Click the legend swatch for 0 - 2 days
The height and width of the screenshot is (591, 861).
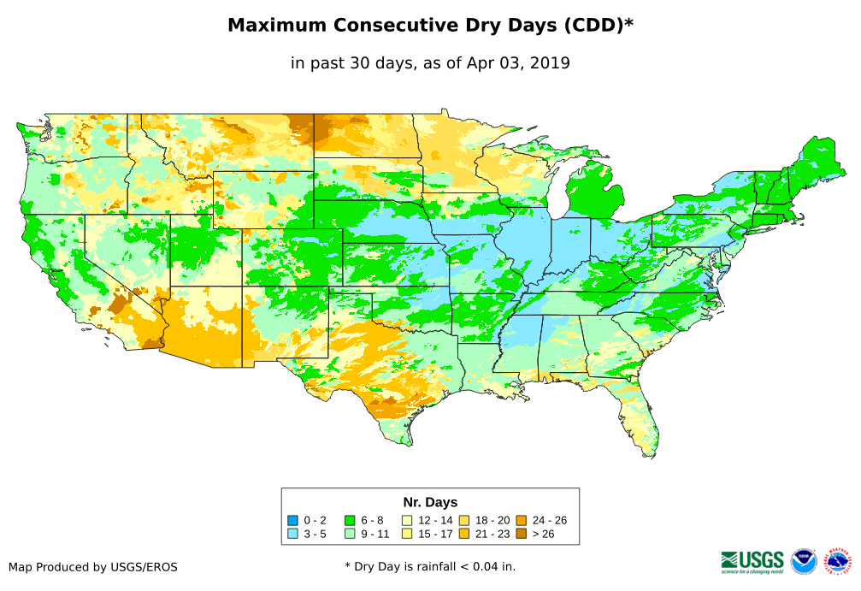[293, 520]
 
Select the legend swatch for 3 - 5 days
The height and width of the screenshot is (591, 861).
[293, 534]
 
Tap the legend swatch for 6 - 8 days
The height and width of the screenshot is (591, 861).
[350, 520]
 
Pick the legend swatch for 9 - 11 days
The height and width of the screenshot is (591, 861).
[350, 534]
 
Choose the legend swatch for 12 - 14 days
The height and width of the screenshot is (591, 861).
[406, 520]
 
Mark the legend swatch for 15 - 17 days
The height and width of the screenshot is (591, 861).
[406, 534]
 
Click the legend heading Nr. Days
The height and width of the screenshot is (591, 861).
[430, 502]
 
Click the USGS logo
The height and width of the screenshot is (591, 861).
[752, 561]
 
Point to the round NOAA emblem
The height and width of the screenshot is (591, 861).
[804, 561]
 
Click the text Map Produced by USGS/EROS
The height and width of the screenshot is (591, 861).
[93, 566]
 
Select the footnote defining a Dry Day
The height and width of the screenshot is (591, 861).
[430, 566]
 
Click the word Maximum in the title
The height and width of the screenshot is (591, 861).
[275, 26]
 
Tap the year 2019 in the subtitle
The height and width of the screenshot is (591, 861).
[549, 62]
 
